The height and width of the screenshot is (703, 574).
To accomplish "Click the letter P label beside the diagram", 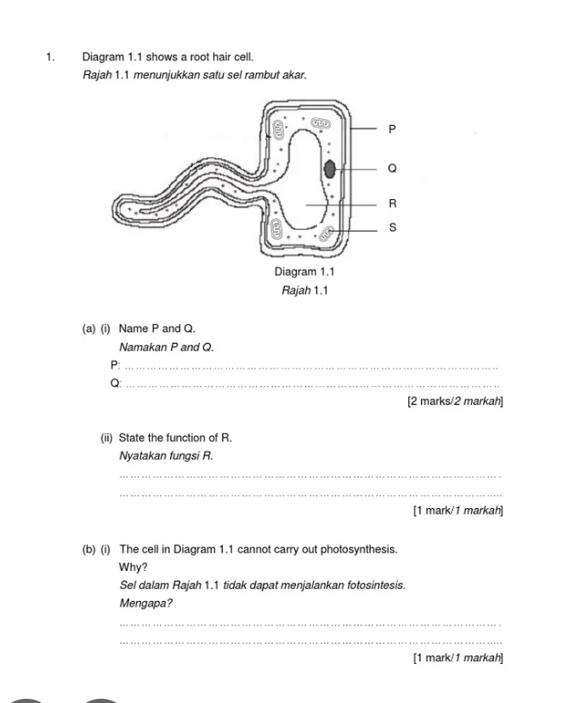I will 392,130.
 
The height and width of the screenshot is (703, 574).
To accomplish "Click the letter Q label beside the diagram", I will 392,169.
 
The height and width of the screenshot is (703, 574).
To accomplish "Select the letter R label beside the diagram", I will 392,203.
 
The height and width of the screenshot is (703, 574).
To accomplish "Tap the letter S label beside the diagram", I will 392,228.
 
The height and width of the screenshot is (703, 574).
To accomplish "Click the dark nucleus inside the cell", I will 330,169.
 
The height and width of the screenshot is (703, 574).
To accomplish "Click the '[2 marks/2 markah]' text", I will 455,401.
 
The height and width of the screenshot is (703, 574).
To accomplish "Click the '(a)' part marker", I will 88,329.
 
